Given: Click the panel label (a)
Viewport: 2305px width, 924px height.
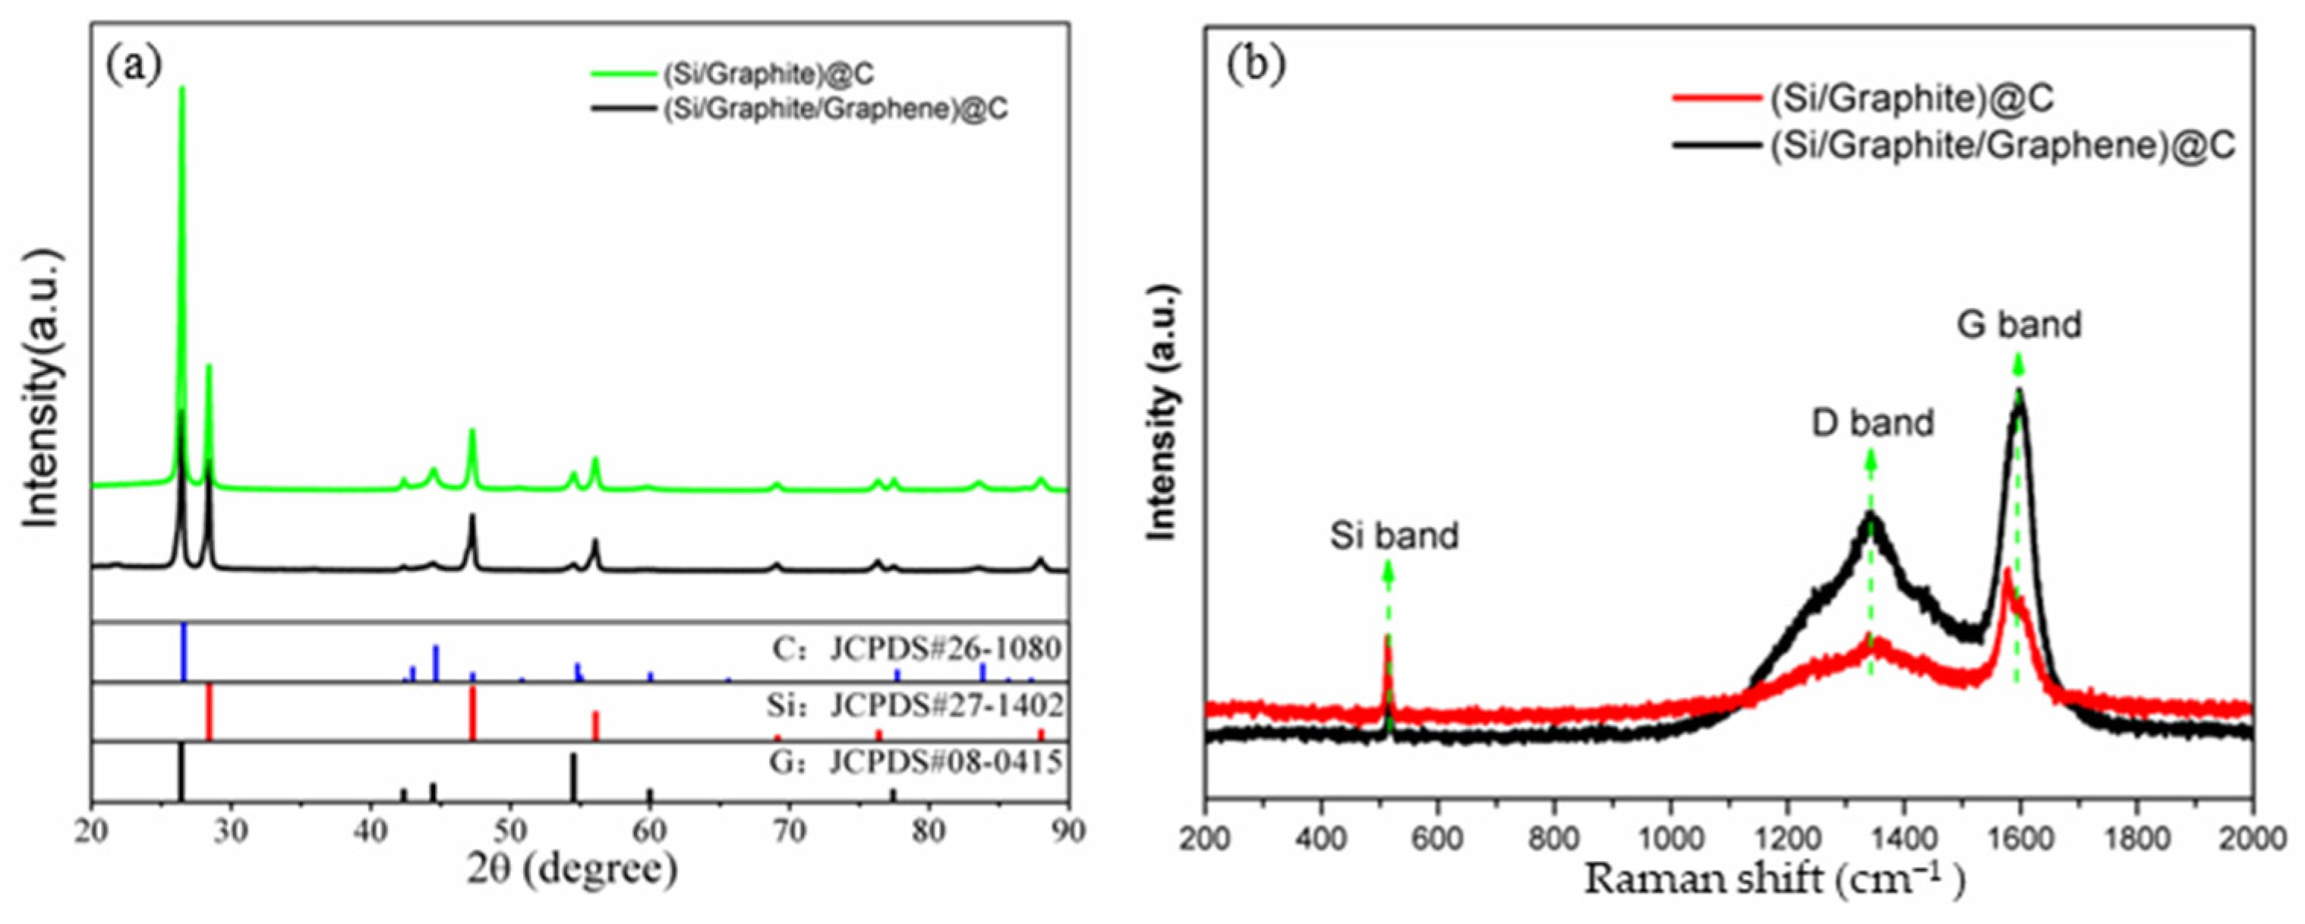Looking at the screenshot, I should [x=134, y=65].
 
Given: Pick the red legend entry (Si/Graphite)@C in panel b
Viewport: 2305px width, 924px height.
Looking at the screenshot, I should [x=1910, y=122].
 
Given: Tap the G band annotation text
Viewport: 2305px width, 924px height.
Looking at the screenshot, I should [x=2019, y=323].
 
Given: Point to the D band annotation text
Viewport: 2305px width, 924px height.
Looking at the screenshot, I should [x=1872, y=422].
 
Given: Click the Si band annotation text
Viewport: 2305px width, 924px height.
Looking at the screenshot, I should [x=1393, y=536].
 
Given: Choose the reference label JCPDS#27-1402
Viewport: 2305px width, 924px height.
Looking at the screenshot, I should [x=947, y=707].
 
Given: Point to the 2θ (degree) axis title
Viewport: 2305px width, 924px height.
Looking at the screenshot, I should [x=571, y=869].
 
